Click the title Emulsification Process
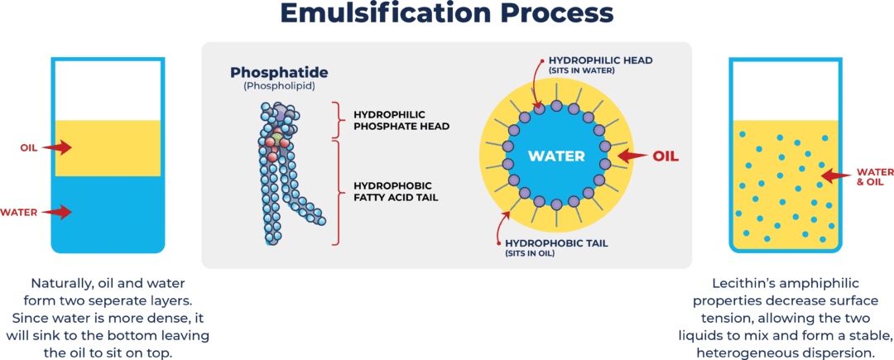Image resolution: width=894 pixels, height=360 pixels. point(446,14)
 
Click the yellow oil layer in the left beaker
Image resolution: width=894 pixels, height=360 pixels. point(108,149)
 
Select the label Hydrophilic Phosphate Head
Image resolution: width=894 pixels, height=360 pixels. point(401,120)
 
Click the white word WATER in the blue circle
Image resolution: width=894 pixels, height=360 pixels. point(556,156)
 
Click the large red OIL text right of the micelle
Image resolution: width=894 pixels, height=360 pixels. point(666,156)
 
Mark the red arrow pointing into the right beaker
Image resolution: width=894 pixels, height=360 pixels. point(834,175)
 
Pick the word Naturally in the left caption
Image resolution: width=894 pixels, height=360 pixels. point(62,282)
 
